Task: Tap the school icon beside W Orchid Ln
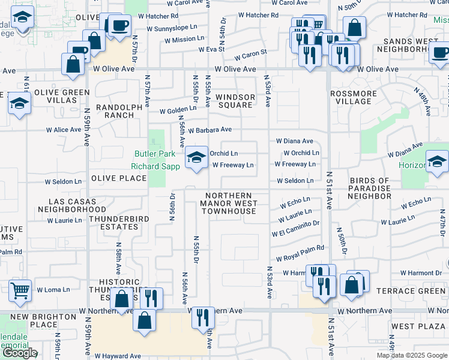coord(196,158)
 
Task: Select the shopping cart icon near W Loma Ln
coord(20,290)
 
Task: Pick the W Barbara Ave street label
coord(209,130)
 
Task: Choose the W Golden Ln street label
coord(178,110)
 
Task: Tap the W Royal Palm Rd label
coord(300,248)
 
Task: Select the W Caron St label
coord(250,54)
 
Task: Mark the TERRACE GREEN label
coord(411,291)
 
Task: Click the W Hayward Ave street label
coord(121,356)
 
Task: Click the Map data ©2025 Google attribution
coord(412,355)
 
